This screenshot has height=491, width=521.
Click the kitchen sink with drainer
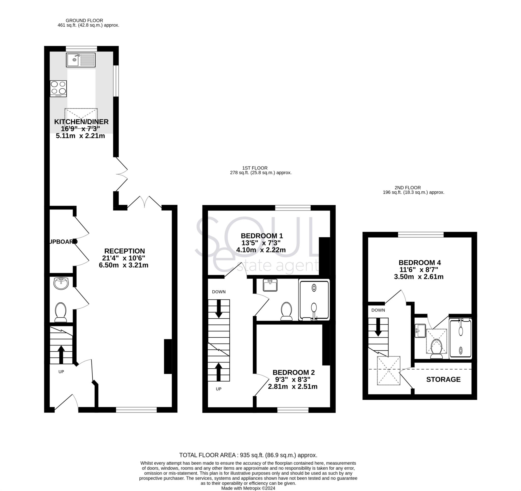coord(81,60)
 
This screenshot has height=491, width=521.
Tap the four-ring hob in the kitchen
coord(59,88)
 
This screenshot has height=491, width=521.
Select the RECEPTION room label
coord(124,251)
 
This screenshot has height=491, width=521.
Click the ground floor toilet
coord(61,312)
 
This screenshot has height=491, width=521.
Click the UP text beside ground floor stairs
coord(61,372)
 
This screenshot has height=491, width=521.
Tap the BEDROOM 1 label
coord(262,236)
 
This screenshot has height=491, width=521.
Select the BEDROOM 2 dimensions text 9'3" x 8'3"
coord(292,380)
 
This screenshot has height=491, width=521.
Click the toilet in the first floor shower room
coord(286,312)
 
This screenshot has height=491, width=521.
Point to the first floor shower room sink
coord(270,285)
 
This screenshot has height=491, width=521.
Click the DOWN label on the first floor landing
coord(219,292)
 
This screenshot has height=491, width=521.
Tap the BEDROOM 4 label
coord(419,263)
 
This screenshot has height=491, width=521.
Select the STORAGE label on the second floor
coord(443,380)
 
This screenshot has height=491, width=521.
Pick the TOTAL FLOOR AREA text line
coord(248,455)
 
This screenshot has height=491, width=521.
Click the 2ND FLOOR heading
coord(408,188)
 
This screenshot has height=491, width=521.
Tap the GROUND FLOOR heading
coord(84,20)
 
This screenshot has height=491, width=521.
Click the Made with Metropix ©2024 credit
coord(248,488)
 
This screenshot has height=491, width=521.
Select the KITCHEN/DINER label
coord(81,122)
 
